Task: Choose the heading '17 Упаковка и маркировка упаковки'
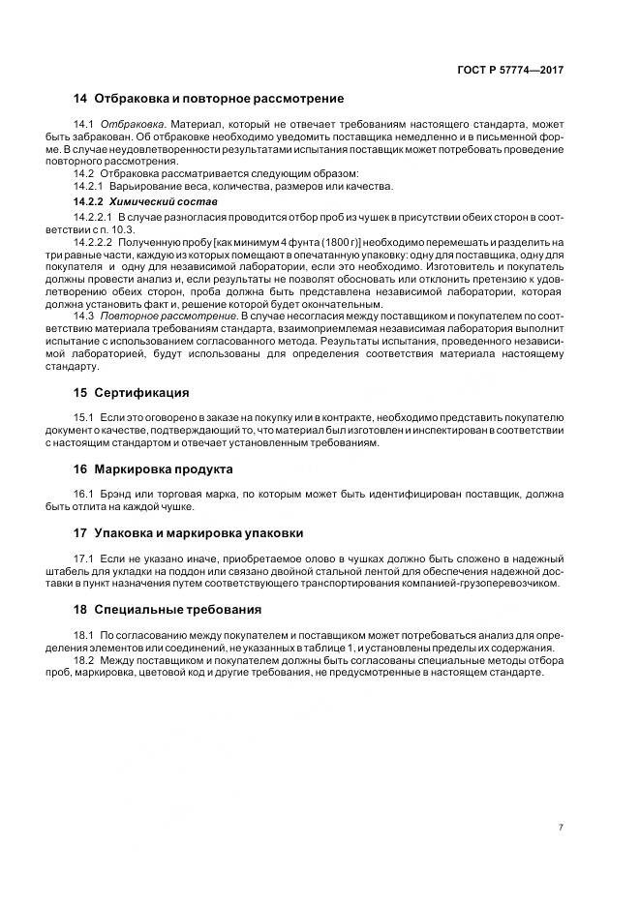coord(189,532)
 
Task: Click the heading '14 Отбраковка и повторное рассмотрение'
coord(208,99)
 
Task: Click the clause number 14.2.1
coord(88,186)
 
